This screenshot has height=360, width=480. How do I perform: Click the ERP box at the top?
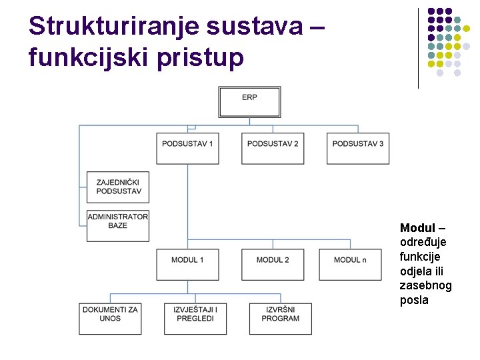(x=249, y=102)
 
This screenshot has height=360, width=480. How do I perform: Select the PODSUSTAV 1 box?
(x=187, y=148)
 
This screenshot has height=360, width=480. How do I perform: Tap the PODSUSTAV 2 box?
(x=273, y=148)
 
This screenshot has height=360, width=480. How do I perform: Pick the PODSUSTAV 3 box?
(x=358, y=148)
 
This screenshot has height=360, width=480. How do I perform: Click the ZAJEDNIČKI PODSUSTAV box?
(x=118, y=187)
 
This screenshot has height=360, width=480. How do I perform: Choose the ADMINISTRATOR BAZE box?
(x=118, y=225)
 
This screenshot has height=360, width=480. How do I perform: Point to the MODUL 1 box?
(x=187, y=264)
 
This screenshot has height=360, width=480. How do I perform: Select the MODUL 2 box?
(x=273, y=264)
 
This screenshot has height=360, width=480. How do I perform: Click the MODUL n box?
(x=350, y=264)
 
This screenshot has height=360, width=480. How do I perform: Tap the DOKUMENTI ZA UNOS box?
(x=110, y=318)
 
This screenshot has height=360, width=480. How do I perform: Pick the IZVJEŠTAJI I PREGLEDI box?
(x=195, y=318)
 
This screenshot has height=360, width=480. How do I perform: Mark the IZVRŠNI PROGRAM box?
(x=281, y=318)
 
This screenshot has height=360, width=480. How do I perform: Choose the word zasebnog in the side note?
(x=425, y=285)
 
